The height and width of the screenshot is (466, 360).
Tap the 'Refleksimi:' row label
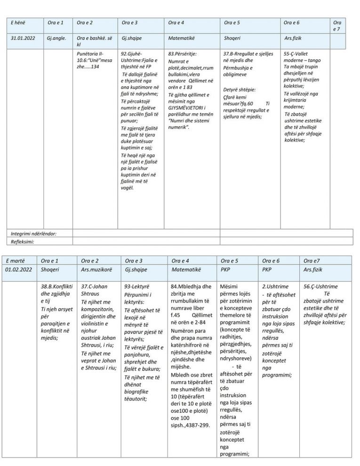(23, 241)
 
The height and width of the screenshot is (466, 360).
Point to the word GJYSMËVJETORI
(185, 107)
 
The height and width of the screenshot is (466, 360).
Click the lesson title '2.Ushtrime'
(273, 286)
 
